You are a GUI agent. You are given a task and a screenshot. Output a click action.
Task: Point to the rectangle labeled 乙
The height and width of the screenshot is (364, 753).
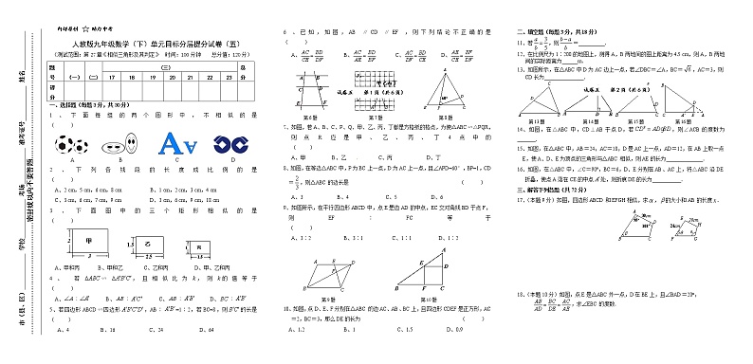point(147,246)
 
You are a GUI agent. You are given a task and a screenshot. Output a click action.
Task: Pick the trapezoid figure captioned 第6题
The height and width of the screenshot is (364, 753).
point(310,90)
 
